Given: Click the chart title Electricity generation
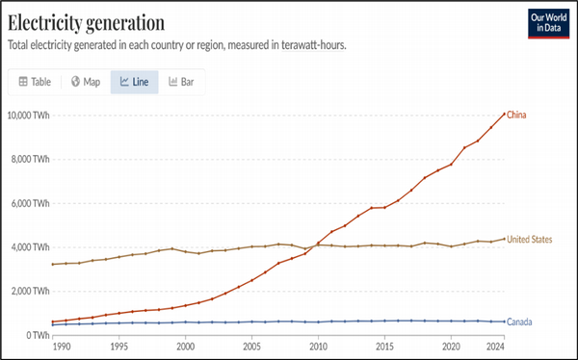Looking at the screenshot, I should (86, 21).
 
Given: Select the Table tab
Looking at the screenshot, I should (35, 82).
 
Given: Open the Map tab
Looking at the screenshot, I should (85, 82).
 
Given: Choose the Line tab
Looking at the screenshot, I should (134, 82).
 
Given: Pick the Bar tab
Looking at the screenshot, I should (180, 82).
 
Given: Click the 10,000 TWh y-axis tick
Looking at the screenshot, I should (29, 116).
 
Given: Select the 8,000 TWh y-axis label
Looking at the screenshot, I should (30, 160).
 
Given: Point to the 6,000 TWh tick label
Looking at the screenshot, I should (30, 204).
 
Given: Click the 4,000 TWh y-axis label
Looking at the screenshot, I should (30, 247).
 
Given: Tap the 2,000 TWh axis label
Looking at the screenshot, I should (30, 292).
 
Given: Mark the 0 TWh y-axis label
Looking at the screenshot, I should (37, 335).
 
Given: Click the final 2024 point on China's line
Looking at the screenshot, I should (504, 114).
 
